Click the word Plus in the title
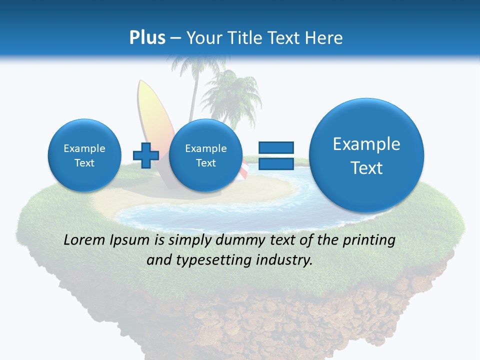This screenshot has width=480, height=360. pos(147,38)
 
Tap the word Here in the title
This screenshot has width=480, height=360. pos(325,38)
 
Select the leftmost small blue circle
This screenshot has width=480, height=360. pos(84,155)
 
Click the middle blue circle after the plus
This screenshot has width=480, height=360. pos(205,155)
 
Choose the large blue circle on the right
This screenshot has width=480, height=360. pos(366,155)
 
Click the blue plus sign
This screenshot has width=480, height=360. pos(145,155)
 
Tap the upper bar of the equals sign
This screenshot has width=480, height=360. pos(275,147)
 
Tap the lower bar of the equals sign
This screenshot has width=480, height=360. pos(275,163)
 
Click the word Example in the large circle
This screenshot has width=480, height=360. pos(366,144)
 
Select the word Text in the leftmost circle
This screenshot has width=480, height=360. pos(84,163)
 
